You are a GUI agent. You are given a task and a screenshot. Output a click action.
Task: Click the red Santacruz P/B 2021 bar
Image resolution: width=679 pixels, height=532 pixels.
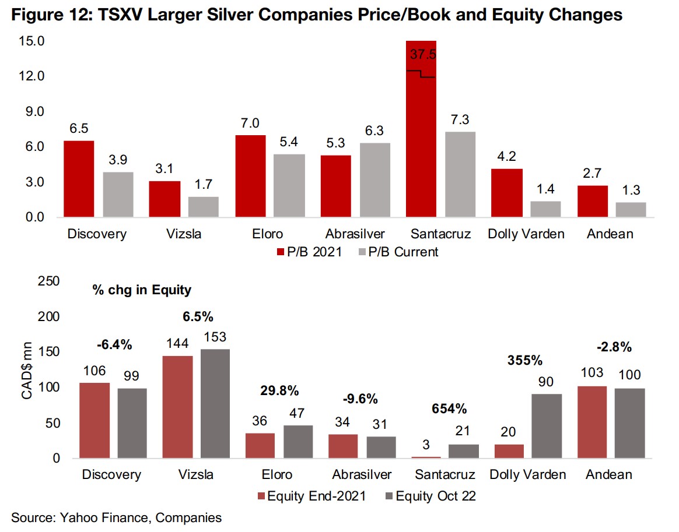pos(421,146)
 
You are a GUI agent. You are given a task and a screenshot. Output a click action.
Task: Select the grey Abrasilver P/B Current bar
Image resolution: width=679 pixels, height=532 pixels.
pos(375,180)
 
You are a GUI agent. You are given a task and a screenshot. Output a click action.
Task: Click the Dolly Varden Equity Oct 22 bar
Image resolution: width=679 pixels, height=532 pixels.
pos(547,426)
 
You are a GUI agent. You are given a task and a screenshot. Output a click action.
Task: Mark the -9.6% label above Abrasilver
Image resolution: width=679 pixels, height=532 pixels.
pos(358,399)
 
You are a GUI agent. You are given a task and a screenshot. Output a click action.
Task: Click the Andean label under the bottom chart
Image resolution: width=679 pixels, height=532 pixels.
pos(608,474)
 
